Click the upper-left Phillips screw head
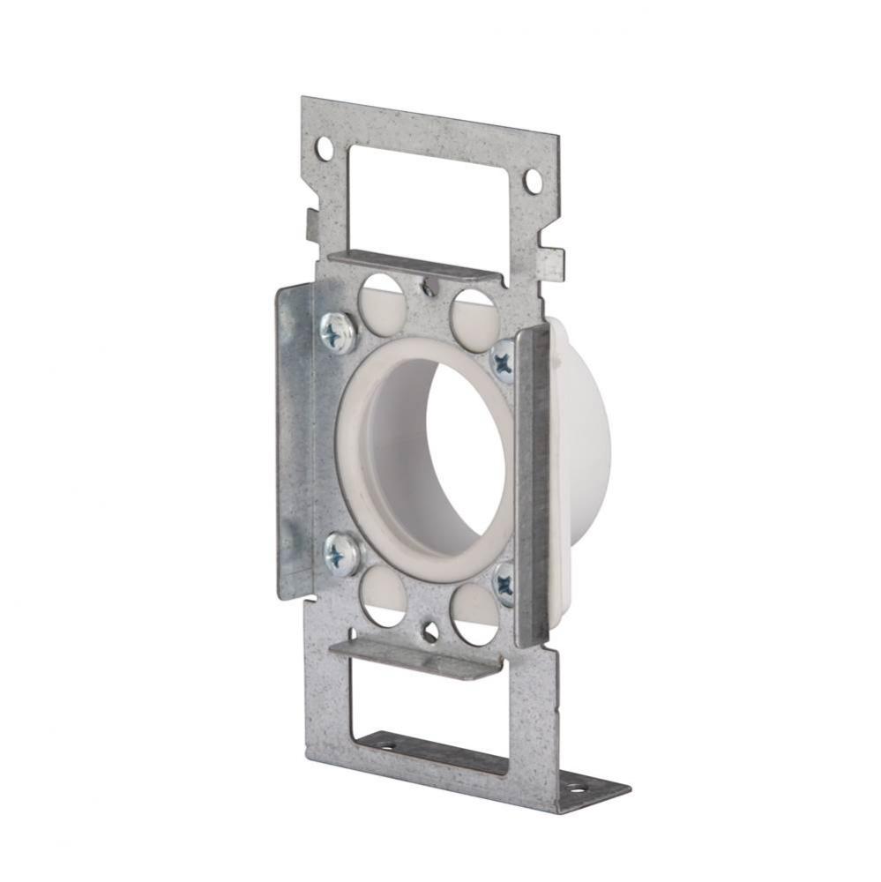click(338, 333)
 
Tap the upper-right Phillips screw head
click(504, 360)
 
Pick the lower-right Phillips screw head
click(504, 583)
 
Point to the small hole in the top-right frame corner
click(532, 182)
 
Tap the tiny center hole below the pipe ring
click(429, 632)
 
